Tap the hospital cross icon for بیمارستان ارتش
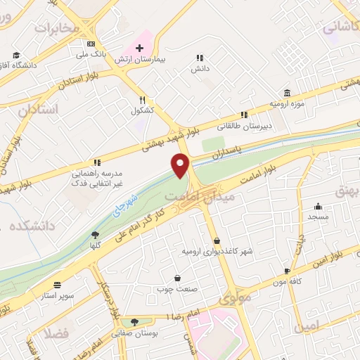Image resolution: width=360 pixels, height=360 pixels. (x=139, y=49)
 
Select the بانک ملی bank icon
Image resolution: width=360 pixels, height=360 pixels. (x=91, y=42)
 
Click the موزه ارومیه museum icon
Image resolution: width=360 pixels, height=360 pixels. (x=288, y=93)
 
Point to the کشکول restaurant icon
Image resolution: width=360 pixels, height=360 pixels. (x=143, y=100)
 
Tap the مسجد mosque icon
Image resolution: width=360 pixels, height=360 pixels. (x=319, y=207)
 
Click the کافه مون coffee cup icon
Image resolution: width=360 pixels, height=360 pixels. (x=287, y=271)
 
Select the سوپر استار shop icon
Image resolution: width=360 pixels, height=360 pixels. (x=56, y=285)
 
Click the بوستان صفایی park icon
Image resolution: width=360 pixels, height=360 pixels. (x=134, y=323)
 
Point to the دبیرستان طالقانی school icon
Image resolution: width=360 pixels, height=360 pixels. (x=244, y=115)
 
